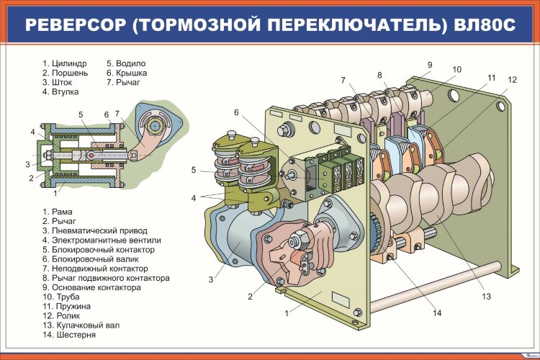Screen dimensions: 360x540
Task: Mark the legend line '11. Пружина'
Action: pyautogui.click(x=66, y=306)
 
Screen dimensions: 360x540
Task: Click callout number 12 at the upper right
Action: pyautogui.click(x=511, y=80)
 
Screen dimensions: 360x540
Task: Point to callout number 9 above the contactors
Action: pyautogui.click(x=429, y=65)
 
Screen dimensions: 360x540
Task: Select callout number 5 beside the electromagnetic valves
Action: pyautogui.click(x=194, y=170)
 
